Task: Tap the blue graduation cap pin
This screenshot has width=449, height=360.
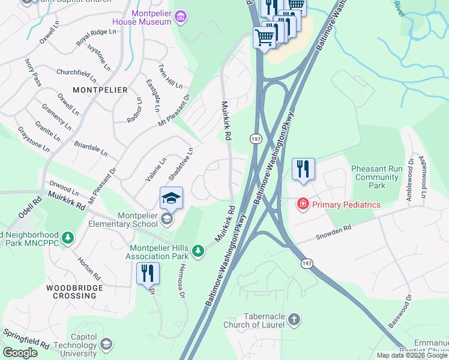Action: point(171,199)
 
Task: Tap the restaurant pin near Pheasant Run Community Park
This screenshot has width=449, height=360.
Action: point(303,169)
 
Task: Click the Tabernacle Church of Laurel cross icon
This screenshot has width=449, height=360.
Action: point(294,319)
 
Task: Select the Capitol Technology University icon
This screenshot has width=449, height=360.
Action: point(106,344)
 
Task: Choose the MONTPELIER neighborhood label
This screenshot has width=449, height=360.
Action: point(100,90)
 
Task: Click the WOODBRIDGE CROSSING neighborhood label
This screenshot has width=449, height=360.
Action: point(75,292)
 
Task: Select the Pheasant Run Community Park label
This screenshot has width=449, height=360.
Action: point(377,178)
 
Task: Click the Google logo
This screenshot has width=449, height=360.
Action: point(20,353)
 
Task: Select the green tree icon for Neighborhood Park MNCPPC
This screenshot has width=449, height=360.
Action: point(68,238)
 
